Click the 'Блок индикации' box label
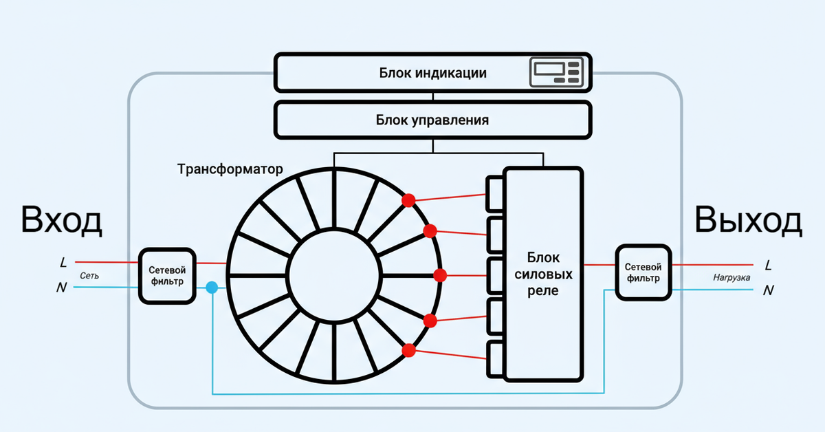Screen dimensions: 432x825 click(432, 73)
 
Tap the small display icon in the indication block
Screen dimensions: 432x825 click(556, 73)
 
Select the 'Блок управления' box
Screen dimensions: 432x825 click(432, 120)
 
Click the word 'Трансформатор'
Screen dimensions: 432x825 click(230, 169)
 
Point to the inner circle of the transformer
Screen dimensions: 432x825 click(334, 276)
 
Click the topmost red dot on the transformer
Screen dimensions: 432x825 click(408, 201)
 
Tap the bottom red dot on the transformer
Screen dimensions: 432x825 click(409, 350)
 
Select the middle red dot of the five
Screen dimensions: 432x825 click(441, 275)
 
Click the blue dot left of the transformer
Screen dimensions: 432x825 click(212, 288)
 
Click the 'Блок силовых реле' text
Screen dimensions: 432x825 click(543, 274)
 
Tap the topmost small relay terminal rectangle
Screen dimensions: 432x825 click(495, 193)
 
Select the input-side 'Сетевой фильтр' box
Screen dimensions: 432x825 click(167, 275)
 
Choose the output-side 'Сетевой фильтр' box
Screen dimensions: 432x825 click(643, 272)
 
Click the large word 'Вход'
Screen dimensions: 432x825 click(61, 221)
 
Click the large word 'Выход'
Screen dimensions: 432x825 click(748, 221)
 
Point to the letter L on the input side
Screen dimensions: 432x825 click(64, 263)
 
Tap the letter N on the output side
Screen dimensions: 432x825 click(768, 290)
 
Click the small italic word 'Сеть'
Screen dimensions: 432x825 click(89, 276)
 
